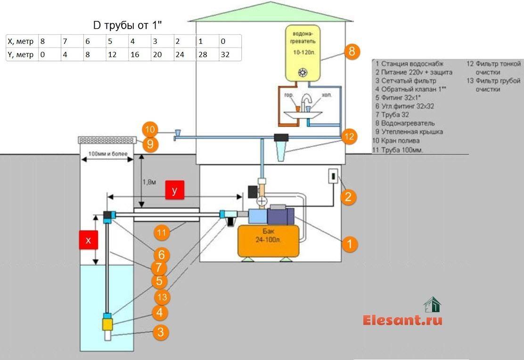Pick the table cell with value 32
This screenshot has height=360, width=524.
tap(230, 54)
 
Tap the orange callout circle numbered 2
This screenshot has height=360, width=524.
tap(348, 196)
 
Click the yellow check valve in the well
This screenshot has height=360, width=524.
tap(107, 324)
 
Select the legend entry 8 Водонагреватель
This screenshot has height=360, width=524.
tap(402, 123)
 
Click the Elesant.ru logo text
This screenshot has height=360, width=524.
tap(402, 320)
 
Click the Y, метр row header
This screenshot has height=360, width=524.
tap(21, 54)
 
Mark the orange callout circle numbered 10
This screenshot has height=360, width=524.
tap(150, 130)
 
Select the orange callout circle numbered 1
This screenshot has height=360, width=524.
tap(349, 244)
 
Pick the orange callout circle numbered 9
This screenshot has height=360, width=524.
tap(150, 144)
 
